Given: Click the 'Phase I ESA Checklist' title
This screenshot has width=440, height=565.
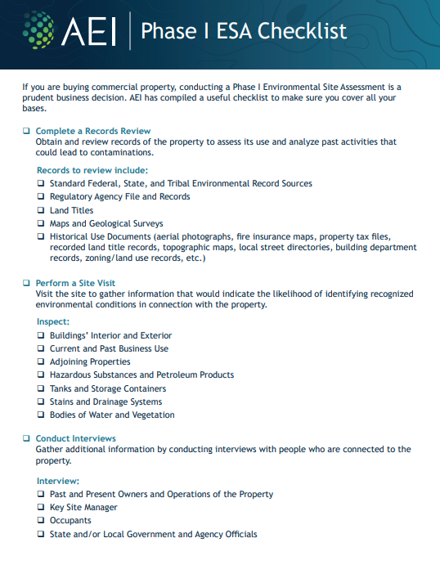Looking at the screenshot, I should (244, 31).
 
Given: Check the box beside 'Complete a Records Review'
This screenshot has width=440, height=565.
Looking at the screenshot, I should (26, 131).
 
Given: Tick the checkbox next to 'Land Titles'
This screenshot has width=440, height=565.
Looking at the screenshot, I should (41, 210).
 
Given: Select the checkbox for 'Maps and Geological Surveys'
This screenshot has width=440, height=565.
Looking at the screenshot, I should (41, 223).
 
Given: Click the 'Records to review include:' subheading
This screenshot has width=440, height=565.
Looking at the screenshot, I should (92, 170).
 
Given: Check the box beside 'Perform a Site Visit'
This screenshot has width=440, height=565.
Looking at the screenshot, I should (26, 283).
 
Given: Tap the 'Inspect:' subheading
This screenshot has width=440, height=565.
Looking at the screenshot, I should (53, 322).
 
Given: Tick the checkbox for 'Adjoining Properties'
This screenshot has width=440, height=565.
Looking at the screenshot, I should (41, 361).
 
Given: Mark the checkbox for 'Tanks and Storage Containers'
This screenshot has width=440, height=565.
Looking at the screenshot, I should (41, 388).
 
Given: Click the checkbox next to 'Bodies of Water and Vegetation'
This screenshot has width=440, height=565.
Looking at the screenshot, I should (41, 415).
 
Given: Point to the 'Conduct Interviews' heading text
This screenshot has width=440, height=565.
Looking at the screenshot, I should (76, 438).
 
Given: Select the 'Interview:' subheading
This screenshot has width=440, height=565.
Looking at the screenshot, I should (58, 481).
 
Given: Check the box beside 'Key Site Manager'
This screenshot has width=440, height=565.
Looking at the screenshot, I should (41, 508).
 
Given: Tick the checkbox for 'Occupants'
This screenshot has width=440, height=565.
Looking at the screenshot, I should (41, 521).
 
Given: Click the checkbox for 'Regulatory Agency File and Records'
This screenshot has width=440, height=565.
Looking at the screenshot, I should (41, 197).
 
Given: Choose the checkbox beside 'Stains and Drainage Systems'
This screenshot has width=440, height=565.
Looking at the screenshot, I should (41, 401).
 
